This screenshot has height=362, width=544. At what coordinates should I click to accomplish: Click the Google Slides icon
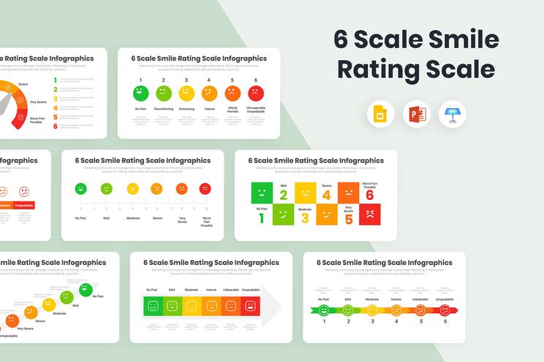point(381,115)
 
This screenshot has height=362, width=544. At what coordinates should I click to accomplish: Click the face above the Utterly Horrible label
point(233,93)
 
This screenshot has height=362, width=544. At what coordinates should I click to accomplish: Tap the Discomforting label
point(163,109)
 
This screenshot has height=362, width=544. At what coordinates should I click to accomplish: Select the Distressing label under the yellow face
point(186,109)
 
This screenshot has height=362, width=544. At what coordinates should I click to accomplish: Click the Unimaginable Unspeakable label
point(256,110)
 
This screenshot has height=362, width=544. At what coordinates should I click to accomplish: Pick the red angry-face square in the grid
point(370,215)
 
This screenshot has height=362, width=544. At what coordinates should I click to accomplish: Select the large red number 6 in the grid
point(370,194)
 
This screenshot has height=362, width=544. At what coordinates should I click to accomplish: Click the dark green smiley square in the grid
point(262,193)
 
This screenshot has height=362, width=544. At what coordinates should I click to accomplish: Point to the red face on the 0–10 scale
point(205,189)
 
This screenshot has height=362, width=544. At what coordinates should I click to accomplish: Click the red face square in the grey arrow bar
point(250,307)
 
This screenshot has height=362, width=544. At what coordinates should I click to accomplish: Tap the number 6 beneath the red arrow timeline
point(445,321)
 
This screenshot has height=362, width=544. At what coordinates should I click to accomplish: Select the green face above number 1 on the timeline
point(324,310)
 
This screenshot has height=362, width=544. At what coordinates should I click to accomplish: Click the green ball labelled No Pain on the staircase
point(85,290)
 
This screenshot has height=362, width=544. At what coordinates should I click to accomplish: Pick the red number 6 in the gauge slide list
point(56,126)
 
